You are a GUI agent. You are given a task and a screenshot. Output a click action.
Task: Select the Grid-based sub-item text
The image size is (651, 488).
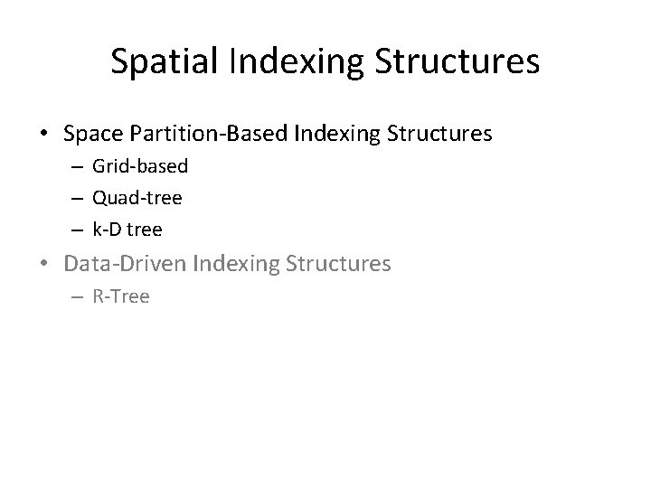[x=140, y=167]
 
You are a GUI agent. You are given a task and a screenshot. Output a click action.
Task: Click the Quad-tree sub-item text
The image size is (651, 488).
[x=137, y=198]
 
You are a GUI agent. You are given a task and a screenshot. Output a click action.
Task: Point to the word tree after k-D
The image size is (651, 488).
[x=145, y=230]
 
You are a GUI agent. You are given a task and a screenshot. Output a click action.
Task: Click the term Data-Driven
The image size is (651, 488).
[x=127, y=264]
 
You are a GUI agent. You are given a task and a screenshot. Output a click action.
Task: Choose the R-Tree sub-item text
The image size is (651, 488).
[x=121, y=296]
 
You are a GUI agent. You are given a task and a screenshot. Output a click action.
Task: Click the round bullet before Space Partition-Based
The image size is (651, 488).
[x=45, y=136]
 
